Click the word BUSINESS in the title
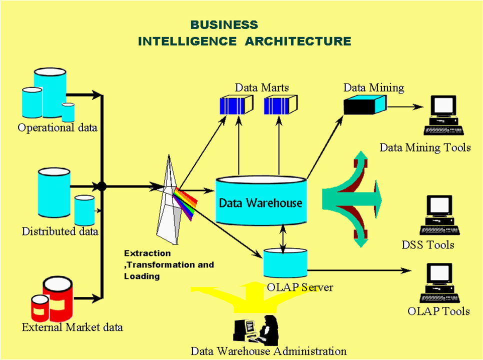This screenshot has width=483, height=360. tap(224, 25)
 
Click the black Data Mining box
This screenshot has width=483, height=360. tap(364, 105)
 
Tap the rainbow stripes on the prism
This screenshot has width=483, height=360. tap(184, 203)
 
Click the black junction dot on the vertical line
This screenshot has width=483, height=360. tap(102, 187)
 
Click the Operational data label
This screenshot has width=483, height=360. tap(57, 128)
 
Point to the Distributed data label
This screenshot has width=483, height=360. tap(60, 232)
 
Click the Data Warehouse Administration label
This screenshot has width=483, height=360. tap(268, 351)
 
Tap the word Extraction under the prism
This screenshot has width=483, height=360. tap(147, 253)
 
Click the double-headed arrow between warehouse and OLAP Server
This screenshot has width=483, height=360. tap(284, 237)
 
